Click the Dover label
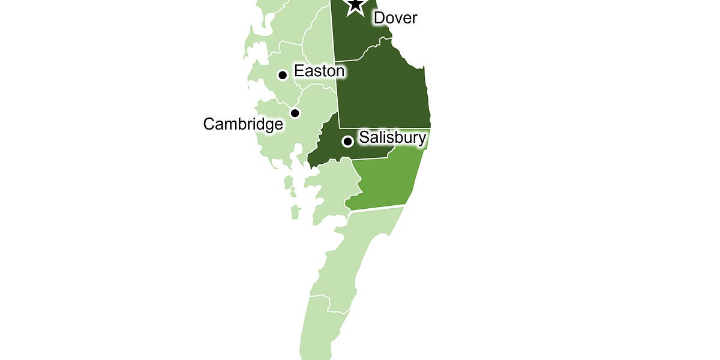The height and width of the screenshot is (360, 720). [x=395, y=18]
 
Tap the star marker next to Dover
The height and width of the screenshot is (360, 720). [x=355, y=5]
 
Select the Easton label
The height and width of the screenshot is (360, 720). [x=319, y=71]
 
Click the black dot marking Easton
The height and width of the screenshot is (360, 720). [x=282, y=75]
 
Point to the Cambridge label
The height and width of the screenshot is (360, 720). [x=243, y=124]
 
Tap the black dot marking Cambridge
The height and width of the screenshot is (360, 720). [x=295, y=113]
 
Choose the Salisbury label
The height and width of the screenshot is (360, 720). [x=392, y=138]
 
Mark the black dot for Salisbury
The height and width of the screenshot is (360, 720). [x=347, y=142]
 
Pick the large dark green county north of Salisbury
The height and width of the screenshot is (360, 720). [x=384, y=90]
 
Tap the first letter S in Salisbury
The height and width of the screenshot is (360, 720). [x=364, y=138]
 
